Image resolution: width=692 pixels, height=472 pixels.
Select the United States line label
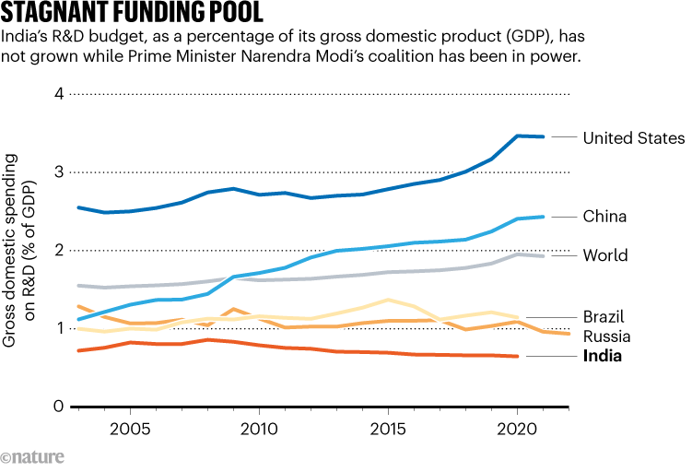633,137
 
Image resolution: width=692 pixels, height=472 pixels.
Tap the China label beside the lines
604,217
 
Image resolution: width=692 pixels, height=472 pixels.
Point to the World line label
604,255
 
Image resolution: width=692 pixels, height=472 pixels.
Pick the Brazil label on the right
604,317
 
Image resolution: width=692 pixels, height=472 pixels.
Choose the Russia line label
605,336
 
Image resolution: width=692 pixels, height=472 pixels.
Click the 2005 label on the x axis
131,431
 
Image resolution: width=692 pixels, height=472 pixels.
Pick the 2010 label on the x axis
259,431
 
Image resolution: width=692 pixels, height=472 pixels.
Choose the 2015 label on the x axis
389,431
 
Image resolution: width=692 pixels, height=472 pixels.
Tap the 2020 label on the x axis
518,431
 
